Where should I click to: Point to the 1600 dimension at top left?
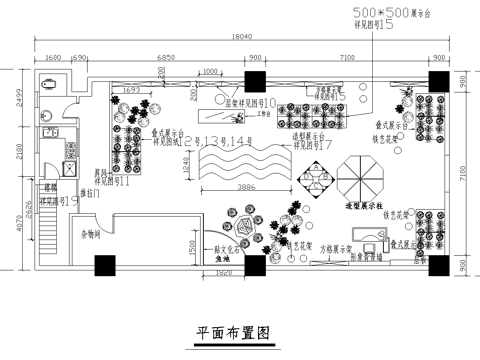(53, 58)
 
